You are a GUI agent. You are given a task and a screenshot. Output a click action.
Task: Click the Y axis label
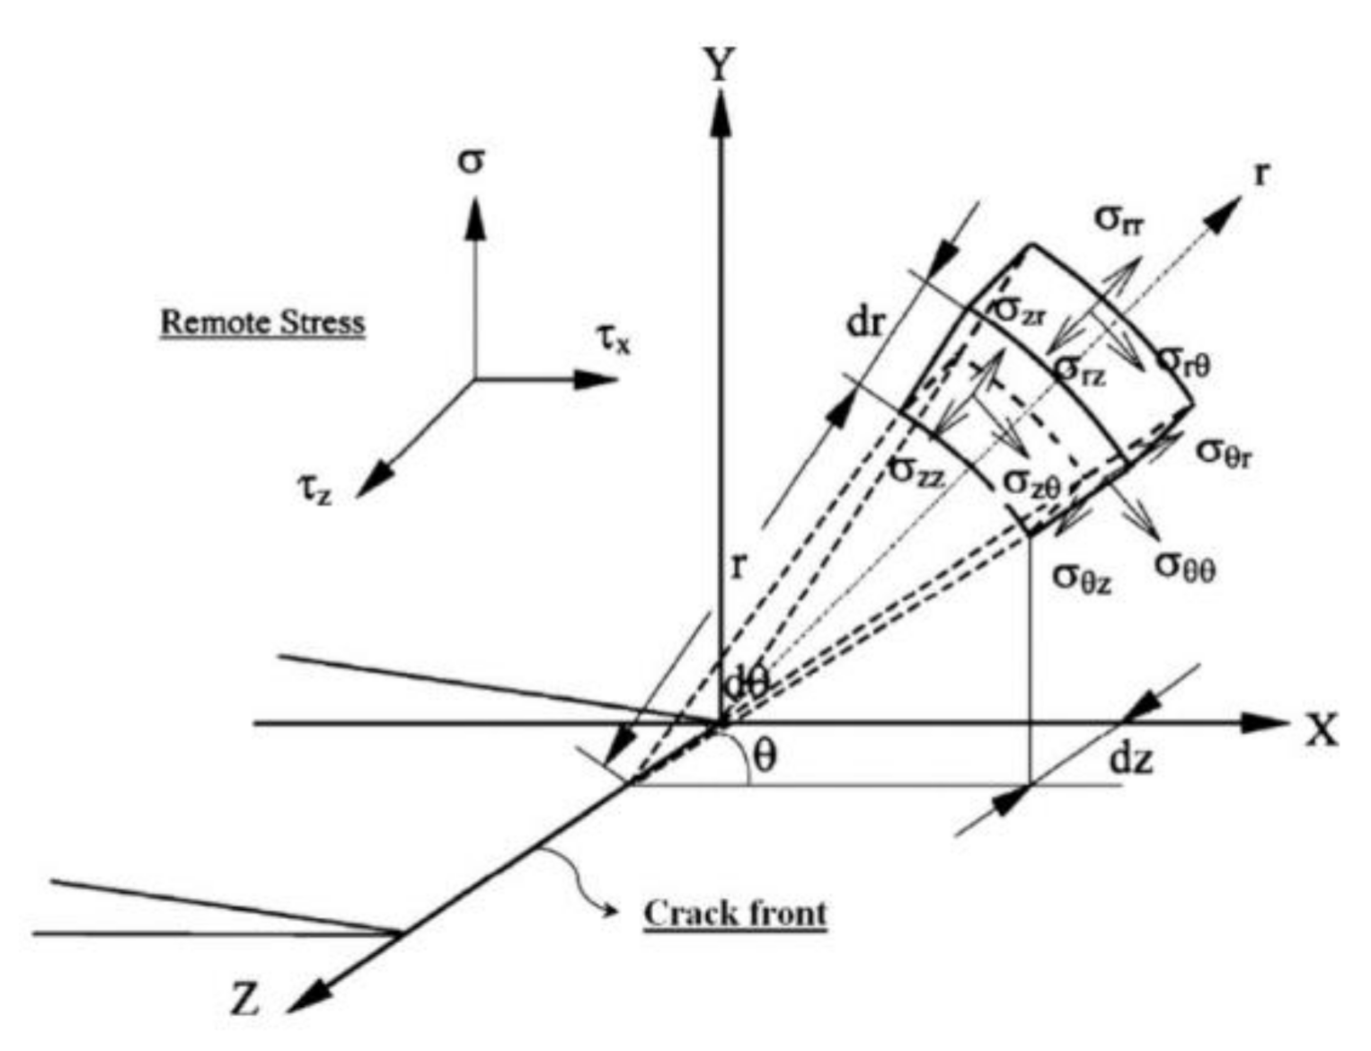[719, 65]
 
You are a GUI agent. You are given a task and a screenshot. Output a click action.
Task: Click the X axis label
[1321, 731]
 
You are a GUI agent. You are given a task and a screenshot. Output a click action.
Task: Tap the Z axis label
[244, 998]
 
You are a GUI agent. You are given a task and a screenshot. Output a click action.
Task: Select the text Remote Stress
[262, 322]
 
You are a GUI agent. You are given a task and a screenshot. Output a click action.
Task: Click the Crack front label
[735, 914]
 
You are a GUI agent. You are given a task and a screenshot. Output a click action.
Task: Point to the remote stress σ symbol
[471, 163]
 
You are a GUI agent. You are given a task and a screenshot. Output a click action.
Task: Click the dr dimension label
[865, 322]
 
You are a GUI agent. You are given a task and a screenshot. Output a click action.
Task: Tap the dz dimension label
[1131, 760]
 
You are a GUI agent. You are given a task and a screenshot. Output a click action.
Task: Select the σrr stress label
[1119, 218]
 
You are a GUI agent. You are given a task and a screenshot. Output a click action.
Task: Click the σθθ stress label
[1184, 565]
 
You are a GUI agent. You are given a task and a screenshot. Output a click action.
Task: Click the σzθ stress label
[1031, 483]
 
